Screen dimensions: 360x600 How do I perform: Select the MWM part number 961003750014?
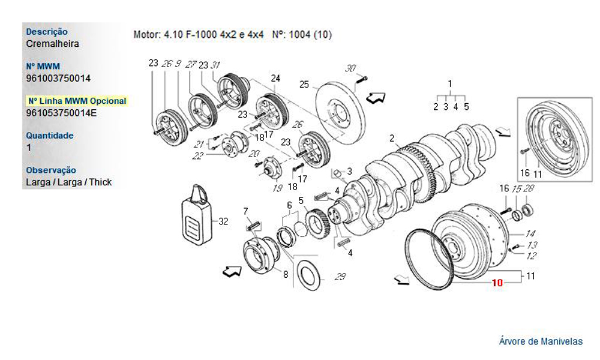pyautogui.click(x=59, y=78)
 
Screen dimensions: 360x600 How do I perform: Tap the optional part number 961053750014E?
pyautogui.click(x=62, y=112)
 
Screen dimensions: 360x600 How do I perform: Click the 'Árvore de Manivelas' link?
pyautogui.click(x=541, y=341)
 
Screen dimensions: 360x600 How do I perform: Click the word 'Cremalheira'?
pyautogui.click(x=53, y=44)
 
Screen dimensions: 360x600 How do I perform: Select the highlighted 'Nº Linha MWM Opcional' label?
pyautogui.click(x=77, y=101)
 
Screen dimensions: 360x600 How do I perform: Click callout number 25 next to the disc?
pyautogui.click(x=304, y=85)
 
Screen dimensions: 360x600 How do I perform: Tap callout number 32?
pyautogui.click(x=223, y=221)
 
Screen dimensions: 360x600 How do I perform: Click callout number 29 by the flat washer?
pyautogui.click(x=340, y=277)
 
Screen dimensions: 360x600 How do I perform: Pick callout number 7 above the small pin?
pyautogui.click(x=245, y=211)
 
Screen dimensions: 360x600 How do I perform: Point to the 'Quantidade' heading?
pyautogui.click(x=50, y=136)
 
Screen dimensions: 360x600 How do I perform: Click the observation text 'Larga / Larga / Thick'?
pyautogui.click(x=69, y=182)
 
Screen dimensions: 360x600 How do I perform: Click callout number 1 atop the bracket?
pyautogui.click(x=450, y=83)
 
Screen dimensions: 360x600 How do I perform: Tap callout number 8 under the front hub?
pyautogui.click(x=286, y=275)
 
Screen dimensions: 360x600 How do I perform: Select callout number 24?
pyautogui.click(x=275, y=79)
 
